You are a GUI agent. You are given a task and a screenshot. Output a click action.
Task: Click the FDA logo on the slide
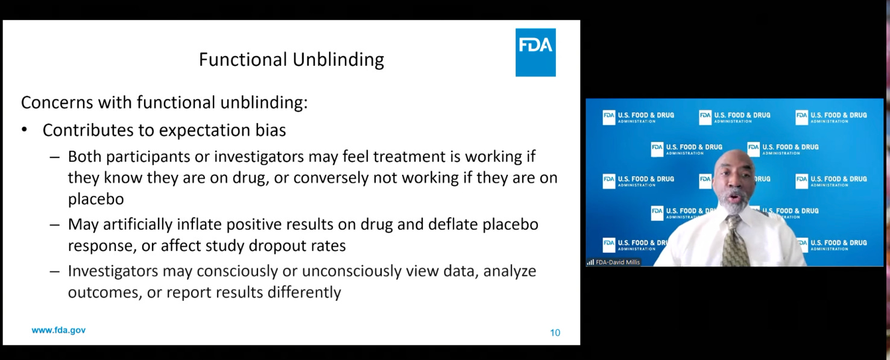point(535,52)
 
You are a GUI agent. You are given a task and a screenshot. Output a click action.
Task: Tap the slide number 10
point(555,333)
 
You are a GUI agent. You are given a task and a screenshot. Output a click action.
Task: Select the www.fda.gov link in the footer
point(58,330)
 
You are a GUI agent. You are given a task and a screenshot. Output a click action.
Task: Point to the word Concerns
point(54,103)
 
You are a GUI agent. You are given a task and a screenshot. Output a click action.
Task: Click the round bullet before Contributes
point(25,130)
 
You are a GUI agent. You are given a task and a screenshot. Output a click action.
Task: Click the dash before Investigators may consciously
point(55,271)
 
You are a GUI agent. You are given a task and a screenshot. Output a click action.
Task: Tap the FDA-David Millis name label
point(618,262)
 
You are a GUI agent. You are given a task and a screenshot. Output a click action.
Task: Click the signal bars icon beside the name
point(590,262)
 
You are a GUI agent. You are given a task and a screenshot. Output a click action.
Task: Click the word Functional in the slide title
point(243,59)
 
